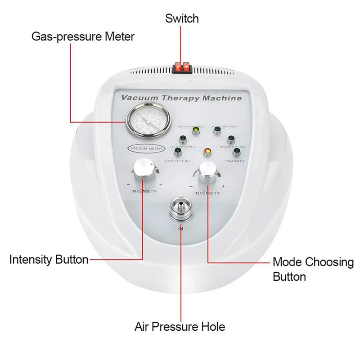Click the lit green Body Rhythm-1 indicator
click(x=196, y=131)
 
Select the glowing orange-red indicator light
click(x=207, y=151)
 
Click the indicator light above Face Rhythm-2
click(x=184, y=139)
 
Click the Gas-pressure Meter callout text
click(x=83, y=36)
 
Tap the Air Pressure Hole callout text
click(x=180, y=326)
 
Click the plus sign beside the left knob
click(x=161, y=185)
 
